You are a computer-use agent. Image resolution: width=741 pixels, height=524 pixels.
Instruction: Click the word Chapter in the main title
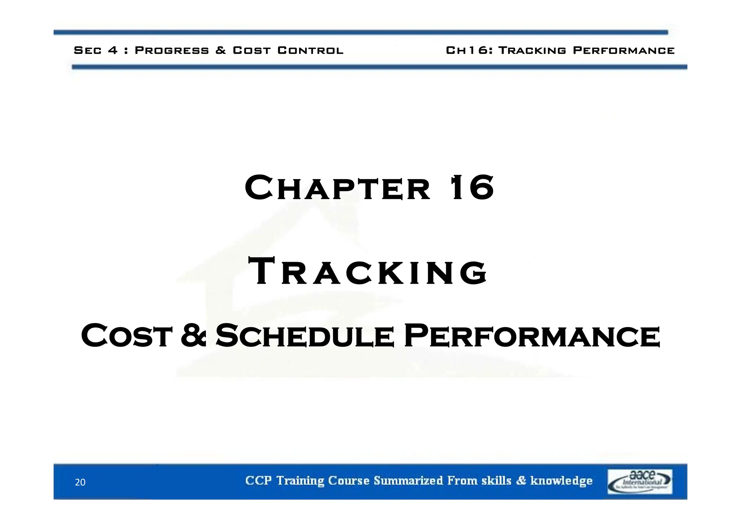[337, 188]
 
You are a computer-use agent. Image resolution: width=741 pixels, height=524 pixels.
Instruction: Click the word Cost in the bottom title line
[126, 336]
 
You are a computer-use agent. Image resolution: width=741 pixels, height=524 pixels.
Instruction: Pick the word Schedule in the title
[304, 336]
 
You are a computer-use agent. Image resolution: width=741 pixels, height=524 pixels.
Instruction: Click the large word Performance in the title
[532, 336]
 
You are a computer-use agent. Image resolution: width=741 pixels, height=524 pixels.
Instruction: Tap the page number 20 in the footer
[80, 482]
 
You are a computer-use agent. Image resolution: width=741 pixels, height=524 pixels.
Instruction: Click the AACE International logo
[639, 481]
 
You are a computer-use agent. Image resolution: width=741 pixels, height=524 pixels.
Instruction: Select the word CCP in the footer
[258, 481]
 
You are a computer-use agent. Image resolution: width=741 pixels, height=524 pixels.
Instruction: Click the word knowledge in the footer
[561, 481]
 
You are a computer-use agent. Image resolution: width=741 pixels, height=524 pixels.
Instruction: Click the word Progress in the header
[172, 50]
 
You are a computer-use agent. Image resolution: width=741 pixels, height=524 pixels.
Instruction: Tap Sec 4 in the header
[96, 50]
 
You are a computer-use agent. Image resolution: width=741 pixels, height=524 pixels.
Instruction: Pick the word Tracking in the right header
[532, 50]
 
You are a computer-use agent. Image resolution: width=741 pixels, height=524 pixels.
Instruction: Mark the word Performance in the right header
[624, 50]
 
